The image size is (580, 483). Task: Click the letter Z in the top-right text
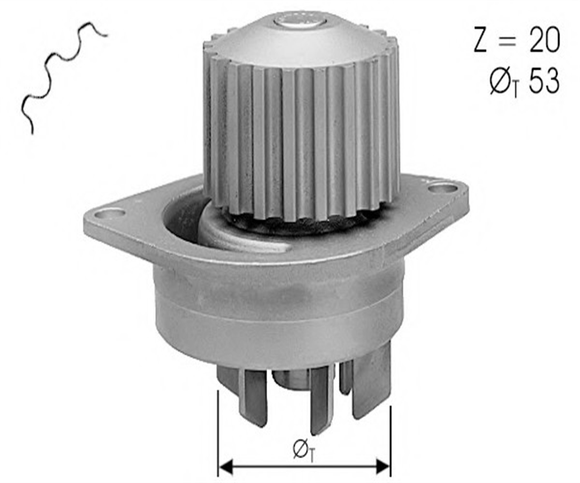[480, 40]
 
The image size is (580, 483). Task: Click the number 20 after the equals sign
[544, 40]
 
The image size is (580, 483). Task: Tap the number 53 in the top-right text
[544, 81]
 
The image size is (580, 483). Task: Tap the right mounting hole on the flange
[442, 189]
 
